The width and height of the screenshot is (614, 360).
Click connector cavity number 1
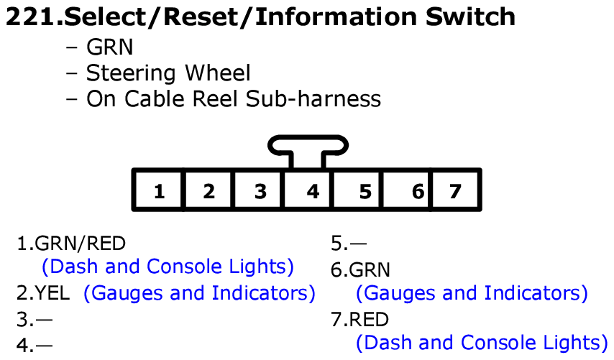coord(159,191)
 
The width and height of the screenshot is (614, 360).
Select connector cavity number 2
coord(209,191)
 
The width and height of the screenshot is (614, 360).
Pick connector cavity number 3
coord(260,191)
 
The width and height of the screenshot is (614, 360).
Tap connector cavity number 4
coord(312,191)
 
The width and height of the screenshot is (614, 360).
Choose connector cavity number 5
coord(365,191)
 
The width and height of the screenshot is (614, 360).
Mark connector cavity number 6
coord(418,191)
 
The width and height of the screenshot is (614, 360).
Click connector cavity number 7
coord(454,191)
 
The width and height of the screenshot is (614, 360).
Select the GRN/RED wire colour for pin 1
coord(80,243)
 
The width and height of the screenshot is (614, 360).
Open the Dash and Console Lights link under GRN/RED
coord(168,267)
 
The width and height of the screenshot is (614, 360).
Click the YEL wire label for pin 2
coord(58,293)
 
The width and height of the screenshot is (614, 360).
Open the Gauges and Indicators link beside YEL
coord(199,293)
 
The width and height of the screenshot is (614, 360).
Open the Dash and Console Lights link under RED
coord(482,343)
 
